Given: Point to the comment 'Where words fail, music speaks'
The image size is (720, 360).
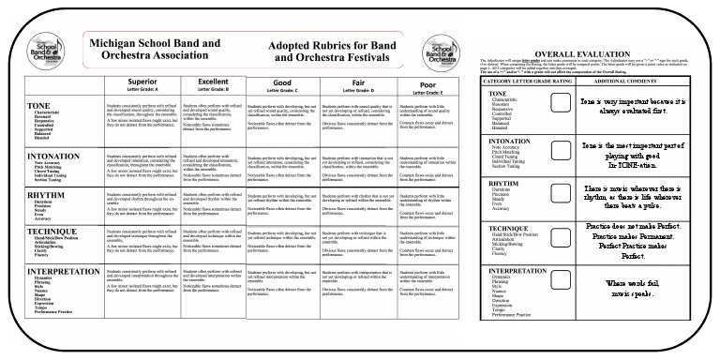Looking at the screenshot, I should [633, 287].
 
